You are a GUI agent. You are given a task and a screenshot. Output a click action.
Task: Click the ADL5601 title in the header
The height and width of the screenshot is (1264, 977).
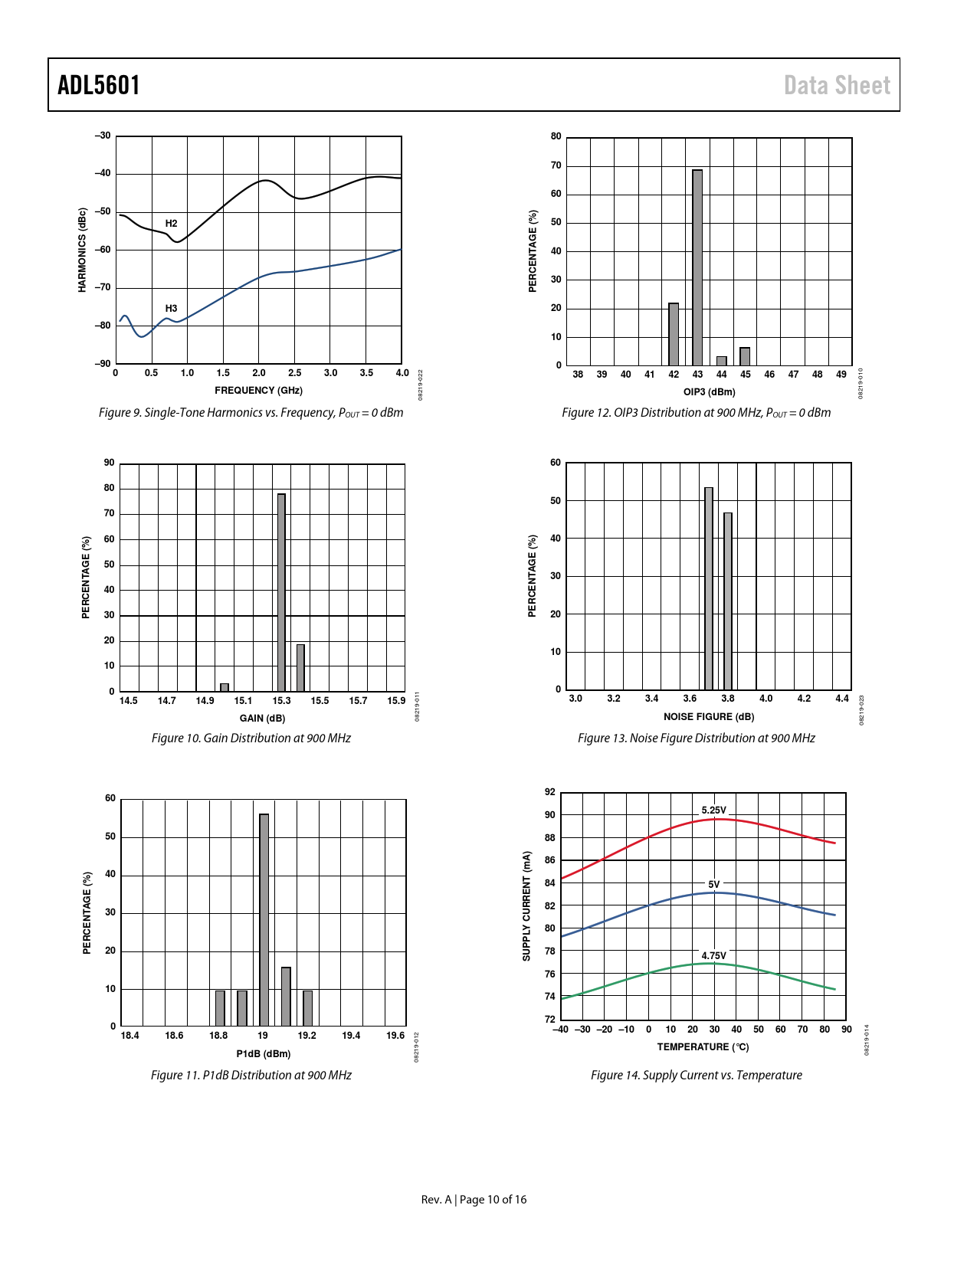99,85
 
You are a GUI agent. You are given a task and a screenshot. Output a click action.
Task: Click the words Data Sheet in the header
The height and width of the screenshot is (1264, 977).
837,85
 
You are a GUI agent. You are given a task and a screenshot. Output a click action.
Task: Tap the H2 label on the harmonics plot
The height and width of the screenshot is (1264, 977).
171,224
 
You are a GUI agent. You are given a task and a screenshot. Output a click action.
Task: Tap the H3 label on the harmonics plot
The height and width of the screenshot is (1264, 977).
171,309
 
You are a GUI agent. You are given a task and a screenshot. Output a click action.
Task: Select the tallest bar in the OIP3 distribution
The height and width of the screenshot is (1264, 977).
697,268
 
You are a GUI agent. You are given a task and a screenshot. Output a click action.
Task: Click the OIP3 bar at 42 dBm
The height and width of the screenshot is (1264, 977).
674,335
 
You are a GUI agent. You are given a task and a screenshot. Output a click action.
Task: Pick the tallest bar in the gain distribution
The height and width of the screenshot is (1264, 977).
281,592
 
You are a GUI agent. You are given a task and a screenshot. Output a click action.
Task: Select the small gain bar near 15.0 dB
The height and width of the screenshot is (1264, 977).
225,687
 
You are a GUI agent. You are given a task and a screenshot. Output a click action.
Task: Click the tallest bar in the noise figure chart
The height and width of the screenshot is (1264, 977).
709,588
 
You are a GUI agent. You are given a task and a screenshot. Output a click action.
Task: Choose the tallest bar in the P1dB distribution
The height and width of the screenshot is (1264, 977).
264,920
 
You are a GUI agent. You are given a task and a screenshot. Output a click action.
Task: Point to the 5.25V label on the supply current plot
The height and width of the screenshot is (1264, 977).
713,810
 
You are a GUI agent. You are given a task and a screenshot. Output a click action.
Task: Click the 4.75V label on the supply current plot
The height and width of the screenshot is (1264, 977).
713,955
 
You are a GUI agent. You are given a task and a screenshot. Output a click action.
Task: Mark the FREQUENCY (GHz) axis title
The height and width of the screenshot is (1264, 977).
258,391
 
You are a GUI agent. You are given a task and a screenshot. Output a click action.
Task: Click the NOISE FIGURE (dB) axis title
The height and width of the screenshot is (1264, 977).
709,717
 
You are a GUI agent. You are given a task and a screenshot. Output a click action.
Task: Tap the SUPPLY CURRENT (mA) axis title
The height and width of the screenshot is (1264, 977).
526,905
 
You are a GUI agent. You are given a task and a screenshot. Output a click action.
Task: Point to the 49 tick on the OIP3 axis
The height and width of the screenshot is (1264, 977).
841,375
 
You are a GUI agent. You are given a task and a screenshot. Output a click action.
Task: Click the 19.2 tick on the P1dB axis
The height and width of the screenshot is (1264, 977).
307,1036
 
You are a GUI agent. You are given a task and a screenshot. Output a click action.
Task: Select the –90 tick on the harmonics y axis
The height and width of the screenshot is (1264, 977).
103,364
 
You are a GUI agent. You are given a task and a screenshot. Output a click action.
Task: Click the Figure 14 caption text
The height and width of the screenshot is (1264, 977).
696,1076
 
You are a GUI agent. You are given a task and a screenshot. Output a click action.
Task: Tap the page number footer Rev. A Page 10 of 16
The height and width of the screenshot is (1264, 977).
474,1200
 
